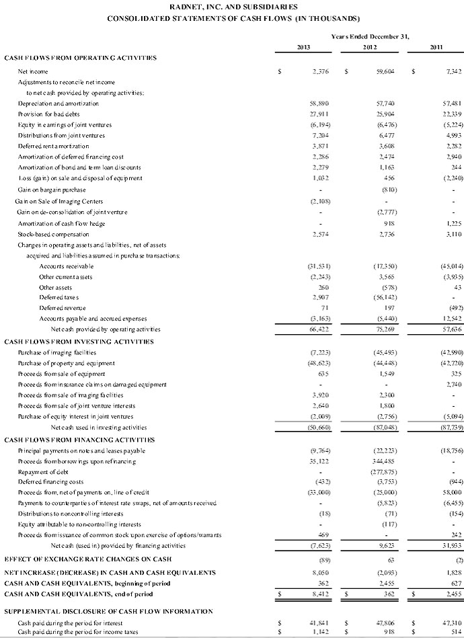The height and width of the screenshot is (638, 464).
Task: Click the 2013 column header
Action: tap(303, 46)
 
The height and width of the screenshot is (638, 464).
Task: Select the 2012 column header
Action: tap(370, 46)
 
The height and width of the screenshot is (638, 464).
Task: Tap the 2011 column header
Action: tap(437, 46)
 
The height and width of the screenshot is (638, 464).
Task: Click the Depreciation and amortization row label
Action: tap(59, 103)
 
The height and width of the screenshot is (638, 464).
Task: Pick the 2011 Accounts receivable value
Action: tap(449, 266)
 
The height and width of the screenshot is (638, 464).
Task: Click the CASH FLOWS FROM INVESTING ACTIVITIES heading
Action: tap(79, 342)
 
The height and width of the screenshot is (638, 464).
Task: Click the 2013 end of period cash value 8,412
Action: tap(317, 594)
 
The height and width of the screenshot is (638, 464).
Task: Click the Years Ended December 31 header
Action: tap(371, 34)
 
